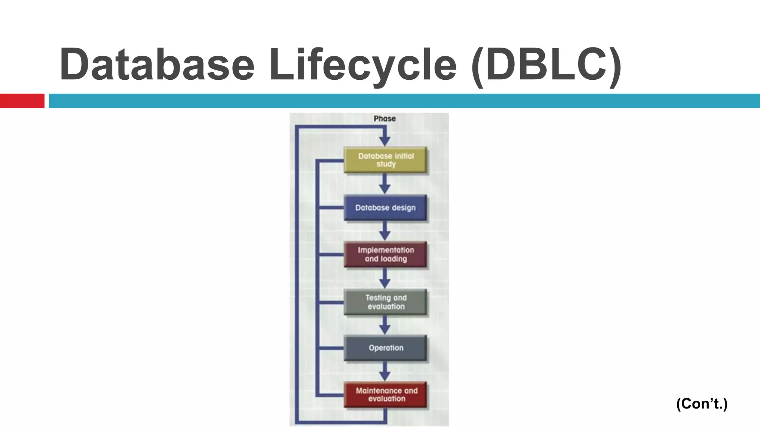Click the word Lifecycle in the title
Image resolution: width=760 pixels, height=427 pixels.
[363, 65]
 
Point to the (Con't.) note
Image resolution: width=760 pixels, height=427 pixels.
[702, 403]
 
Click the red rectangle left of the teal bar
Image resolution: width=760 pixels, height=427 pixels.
[22, 101]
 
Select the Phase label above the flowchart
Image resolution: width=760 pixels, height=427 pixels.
[384, 119]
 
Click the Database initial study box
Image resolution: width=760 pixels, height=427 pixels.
[385, 160]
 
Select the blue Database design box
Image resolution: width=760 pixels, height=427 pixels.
[385, 208]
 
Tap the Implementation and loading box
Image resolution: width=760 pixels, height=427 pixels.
[385, 254]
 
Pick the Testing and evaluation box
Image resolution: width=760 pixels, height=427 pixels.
[385, 302]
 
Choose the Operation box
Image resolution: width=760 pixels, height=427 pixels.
[385, 348]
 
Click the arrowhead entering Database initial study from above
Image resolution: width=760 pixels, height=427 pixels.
[385, 141]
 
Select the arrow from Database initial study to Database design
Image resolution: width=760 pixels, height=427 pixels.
[385, 185]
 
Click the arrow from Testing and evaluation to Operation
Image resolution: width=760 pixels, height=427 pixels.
[385, 326]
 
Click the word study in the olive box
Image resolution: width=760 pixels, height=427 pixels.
[386, 164]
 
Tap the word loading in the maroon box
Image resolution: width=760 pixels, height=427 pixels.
[394, 259]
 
